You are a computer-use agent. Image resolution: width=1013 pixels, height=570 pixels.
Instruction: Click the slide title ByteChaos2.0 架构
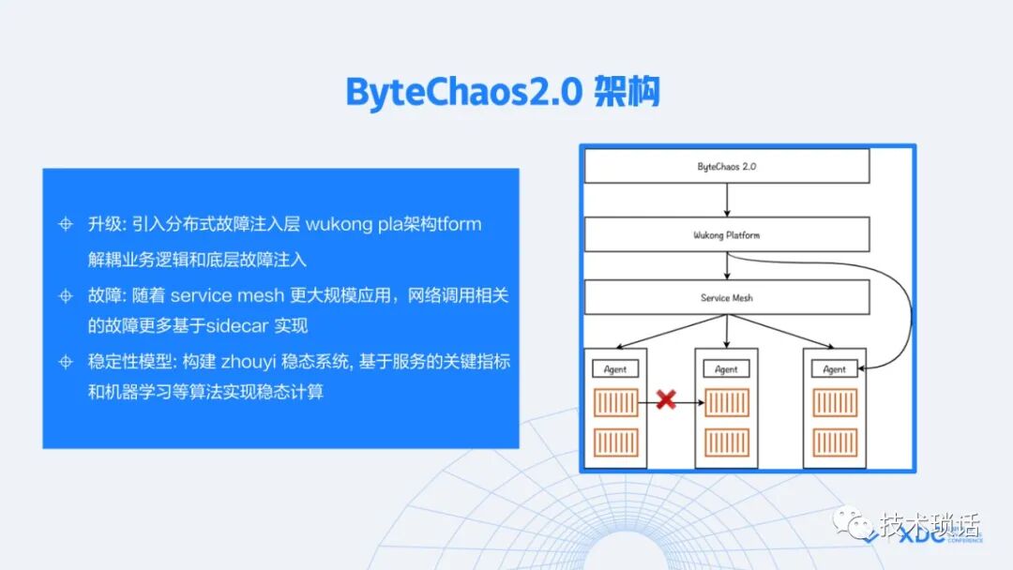(503, 93)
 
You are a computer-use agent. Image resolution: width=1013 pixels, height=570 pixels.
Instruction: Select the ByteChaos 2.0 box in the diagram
(727, 166)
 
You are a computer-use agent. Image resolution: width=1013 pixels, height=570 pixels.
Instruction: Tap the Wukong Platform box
(727, 234)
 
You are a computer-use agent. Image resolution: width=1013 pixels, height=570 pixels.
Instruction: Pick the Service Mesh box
(727, 297)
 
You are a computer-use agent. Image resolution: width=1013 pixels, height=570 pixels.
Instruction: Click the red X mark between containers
(666, 401)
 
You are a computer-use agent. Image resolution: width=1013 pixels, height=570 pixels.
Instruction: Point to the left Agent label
(615, 369)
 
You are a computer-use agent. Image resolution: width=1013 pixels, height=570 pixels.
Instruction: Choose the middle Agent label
(726, 369)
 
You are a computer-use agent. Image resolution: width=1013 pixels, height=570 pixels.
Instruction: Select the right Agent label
(834, 369)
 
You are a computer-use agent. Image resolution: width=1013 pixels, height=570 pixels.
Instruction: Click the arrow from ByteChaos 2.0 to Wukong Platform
(727, 200)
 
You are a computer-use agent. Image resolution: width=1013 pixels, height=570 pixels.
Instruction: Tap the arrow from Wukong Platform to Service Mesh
(727, 266)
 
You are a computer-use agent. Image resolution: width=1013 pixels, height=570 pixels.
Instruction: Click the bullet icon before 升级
(66, 225)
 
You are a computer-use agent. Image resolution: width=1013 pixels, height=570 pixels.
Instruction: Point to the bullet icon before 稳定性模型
(66, 362)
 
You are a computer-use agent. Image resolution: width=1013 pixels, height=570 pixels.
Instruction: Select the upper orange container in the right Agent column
(834, 402)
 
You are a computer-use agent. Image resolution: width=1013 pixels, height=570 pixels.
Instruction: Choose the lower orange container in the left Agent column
(616, 442)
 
